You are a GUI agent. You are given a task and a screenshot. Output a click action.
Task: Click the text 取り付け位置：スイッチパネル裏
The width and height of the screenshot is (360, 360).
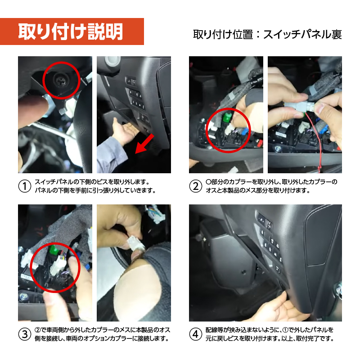click(x=267, y=34)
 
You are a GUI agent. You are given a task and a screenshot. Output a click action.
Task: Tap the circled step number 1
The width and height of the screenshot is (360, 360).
click(x=24, y=186)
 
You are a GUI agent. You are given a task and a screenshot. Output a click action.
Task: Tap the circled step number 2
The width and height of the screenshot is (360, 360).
click(x=195, y=186)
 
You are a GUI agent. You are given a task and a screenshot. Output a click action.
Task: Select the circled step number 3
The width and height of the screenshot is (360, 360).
click(x=24, y=333)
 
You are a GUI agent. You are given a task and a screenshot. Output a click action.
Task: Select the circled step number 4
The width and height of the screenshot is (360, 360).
click(x=195, y=333)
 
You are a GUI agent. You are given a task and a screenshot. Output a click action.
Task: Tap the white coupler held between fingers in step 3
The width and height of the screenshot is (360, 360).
click(x=135, y=244)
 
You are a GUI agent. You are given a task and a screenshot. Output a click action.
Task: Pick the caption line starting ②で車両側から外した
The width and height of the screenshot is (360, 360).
click(x=102, y=329)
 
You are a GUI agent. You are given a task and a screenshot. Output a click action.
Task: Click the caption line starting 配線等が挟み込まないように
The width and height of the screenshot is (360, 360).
click(x=270, y=329)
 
